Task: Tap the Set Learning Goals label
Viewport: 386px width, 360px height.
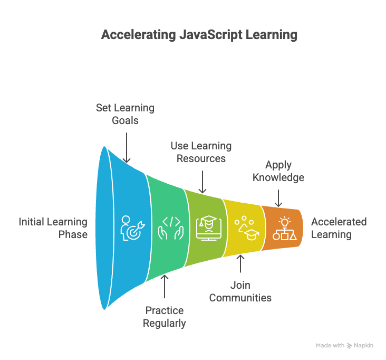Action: tap(125, 113)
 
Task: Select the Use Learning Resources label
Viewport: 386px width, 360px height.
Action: tap(201, 152)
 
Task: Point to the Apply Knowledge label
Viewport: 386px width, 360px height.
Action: tap(278, 171)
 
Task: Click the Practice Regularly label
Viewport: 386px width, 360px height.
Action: tap(165, 316)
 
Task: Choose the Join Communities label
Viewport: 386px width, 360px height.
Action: tap(240, 291)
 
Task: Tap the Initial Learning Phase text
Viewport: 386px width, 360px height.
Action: tap(53, 228)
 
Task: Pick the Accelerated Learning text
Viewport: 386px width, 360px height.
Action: tap(339, 228)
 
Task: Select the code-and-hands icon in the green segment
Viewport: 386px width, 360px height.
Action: tap(171, 228)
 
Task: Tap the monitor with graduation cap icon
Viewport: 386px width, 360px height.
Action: tap(208, 228)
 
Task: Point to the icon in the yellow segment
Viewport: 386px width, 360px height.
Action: tap(245, 228)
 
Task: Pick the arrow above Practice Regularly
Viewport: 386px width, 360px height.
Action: tap(165, 288)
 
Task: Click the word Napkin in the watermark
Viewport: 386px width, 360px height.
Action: tap(364, 345)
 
